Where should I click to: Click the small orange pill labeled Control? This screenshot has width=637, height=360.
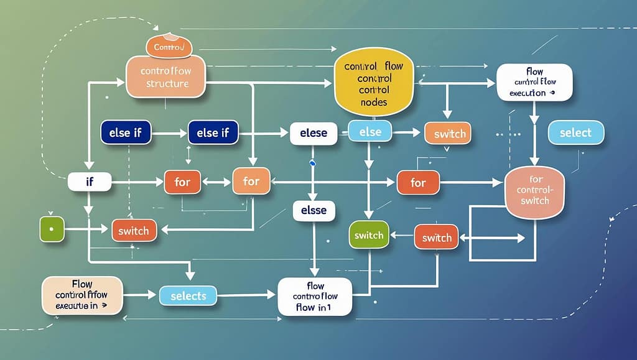point(167,47)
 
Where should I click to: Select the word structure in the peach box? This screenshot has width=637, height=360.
point(167,84)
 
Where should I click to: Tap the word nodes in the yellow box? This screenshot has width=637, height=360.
point(374,102)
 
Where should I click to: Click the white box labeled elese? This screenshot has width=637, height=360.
point(314,133)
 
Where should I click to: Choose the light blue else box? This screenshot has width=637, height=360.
point(370,132)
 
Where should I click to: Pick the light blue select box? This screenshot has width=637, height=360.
point(575,133)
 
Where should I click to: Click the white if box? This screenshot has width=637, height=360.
point(90,182)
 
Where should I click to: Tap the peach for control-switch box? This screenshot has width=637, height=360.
point(535,192)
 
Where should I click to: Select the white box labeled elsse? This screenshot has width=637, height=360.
point(314,210)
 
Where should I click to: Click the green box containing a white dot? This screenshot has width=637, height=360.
point(52,229)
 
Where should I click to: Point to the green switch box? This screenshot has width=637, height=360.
point(369,236)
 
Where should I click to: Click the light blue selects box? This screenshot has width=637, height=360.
point(188,296)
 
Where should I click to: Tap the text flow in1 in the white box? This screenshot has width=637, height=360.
point(314,307)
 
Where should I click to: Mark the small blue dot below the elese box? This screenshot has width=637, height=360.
point(313,163)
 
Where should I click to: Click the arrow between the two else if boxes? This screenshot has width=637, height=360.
point(169,133)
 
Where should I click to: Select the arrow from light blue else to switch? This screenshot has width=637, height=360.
point(407,132)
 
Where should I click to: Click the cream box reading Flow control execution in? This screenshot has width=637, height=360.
point(82,295)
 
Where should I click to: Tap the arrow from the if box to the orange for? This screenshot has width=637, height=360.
point(137,182)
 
